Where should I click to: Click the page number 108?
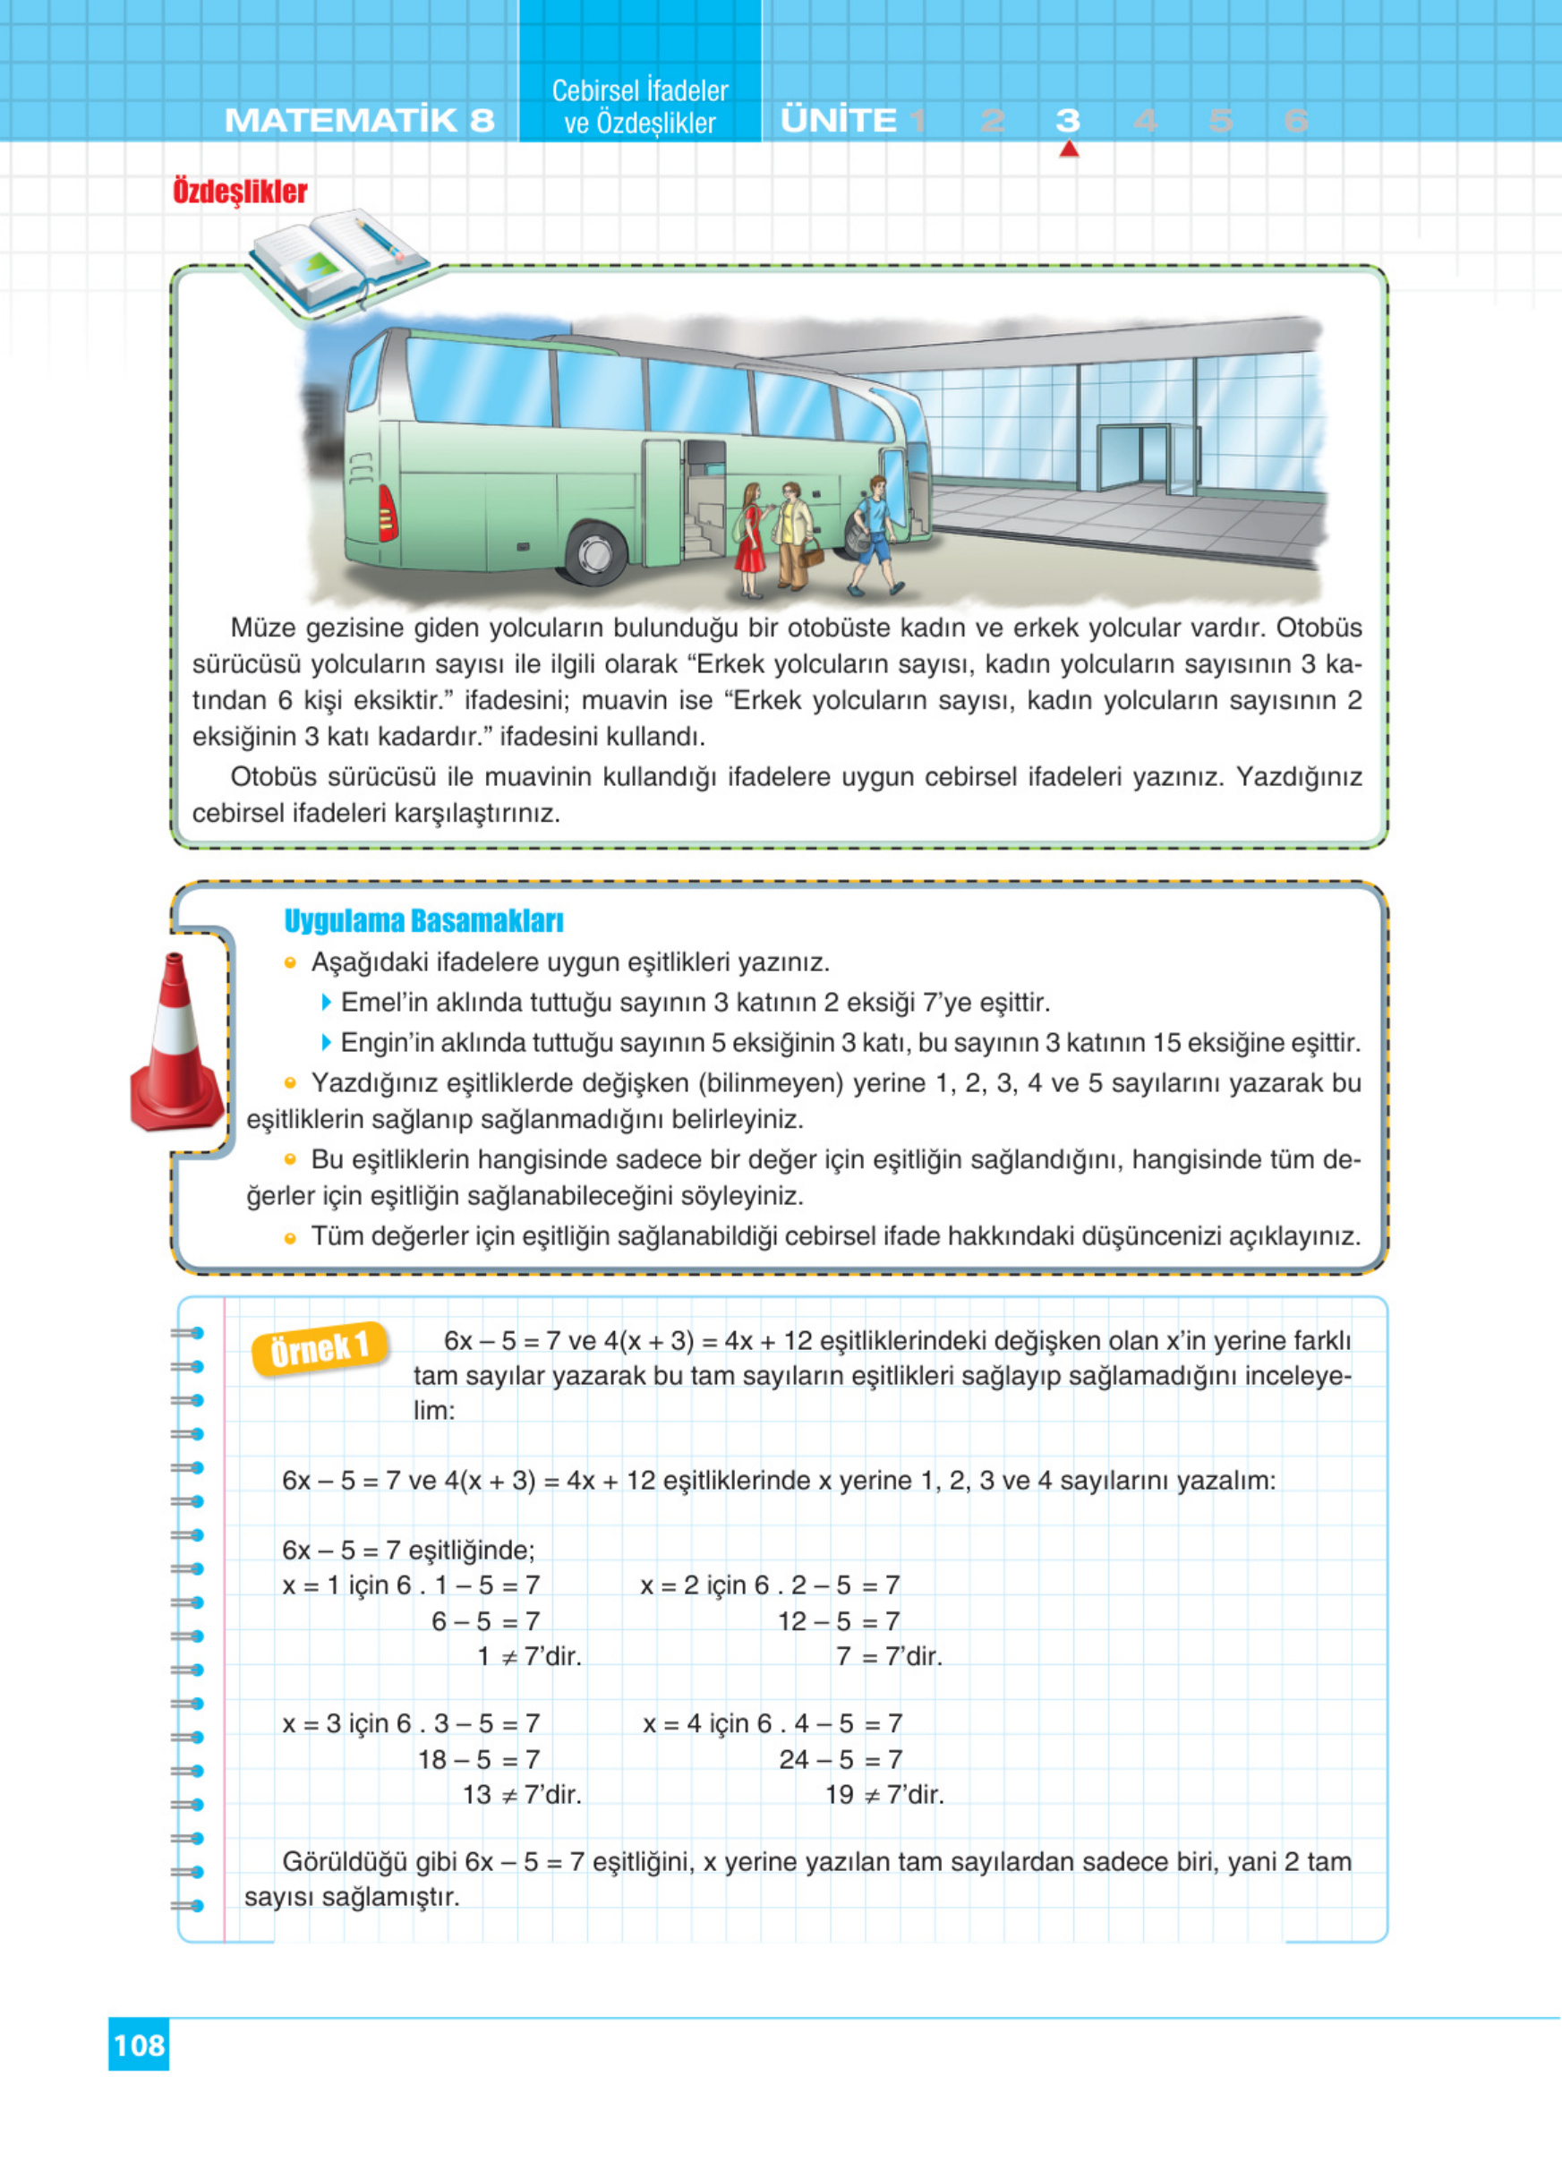click(139, 2045)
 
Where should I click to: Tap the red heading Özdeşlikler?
click(240, 192)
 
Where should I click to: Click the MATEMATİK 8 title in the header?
click(359, 121)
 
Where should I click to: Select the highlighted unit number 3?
click(1068, 121)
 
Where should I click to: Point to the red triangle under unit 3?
click(1069, 150)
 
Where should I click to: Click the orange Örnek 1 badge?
click(320, 1349)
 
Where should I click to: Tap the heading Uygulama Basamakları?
click(423, 920)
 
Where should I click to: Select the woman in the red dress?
click(751, 541)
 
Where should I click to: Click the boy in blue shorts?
click(875, 536)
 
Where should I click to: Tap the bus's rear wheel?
click(596, 552)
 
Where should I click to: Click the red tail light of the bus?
click(388, 513)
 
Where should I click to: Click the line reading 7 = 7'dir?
click(889, 1656)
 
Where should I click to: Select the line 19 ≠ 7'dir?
click(883, 1795)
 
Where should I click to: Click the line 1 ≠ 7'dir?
click(529, 1656)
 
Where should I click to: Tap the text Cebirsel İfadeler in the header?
click(640, 91)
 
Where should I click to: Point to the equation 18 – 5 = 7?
click(479, 1758)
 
